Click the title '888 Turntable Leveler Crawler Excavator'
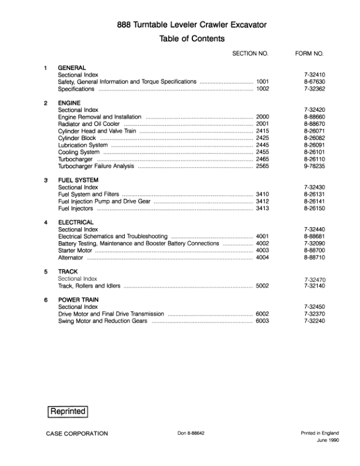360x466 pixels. pos(192,25)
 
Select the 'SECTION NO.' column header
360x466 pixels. pos(250,54)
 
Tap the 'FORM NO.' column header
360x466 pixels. pos(309,54)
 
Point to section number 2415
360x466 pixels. pos(262,131)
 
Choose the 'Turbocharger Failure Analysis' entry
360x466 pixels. pos(96,167)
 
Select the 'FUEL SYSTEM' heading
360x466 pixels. pos(78,180)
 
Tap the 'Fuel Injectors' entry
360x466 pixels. pos(76,208)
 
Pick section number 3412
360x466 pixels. pos(262,201)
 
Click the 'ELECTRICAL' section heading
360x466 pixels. pos(76,222)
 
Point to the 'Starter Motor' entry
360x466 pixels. pos(75,251)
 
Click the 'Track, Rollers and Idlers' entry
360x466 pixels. pos(89,286)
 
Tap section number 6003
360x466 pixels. pos(262,321)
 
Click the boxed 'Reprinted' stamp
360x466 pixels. pos(68,412)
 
